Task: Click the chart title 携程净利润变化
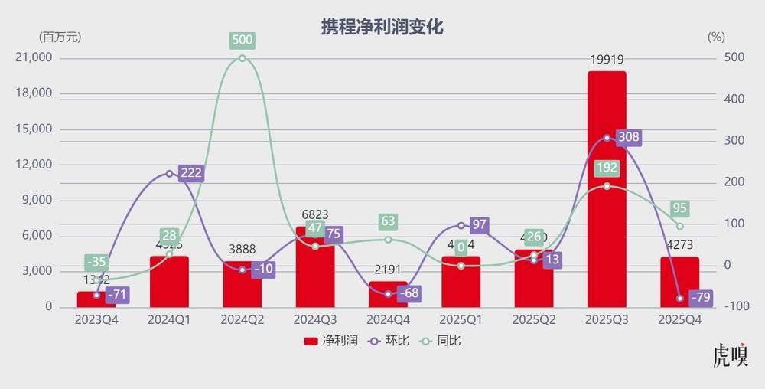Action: [382, 27]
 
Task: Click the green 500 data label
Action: [243, 41]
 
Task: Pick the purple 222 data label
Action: [191, 173]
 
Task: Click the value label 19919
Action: [607, 59]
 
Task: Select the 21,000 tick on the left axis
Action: [34, 58]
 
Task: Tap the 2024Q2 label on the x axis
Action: [242, 319]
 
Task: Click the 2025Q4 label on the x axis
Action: [679, 319]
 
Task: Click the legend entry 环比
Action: [388, 341]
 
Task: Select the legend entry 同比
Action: [444, 341]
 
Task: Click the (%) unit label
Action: [716, 37]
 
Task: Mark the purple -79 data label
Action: [701, 297]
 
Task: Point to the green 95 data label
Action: [680, 209]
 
